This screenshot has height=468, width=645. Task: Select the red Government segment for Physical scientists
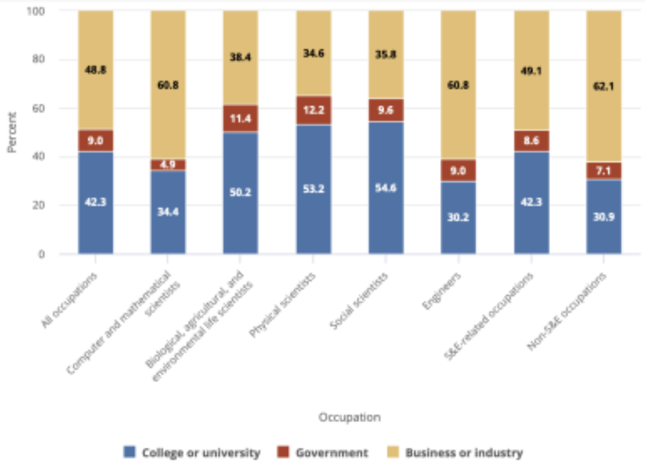point(314,111)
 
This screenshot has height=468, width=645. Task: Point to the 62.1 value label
point(604,86)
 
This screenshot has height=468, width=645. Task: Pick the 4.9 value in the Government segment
point(168,165)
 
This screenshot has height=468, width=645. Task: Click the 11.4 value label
point(240,119)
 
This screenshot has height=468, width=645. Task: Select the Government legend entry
point(323,452)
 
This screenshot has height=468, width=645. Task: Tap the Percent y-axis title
point(12,132)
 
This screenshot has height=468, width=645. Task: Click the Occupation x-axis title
point(349,417)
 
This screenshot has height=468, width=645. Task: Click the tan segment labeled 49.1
point(531,70)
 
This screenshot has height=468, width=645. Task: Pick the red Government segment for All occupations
point(95,141)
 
